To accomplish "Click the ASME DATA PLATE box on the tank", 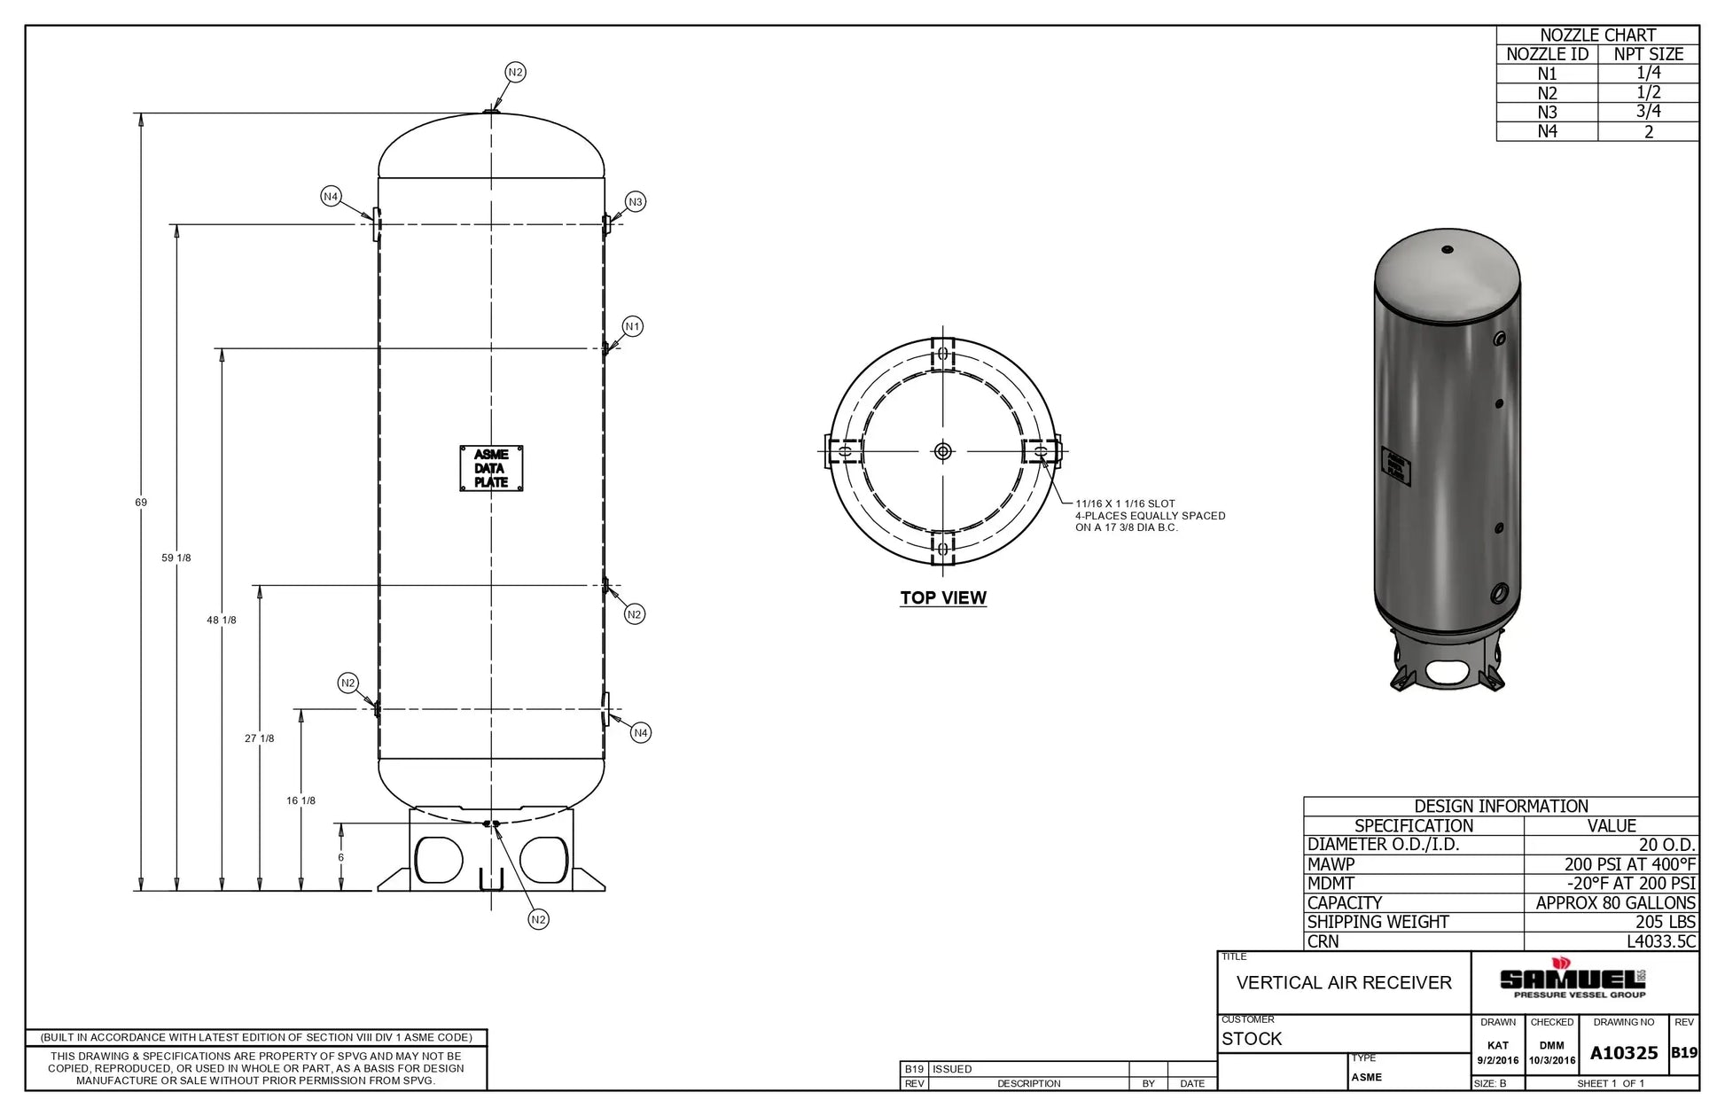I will (490, 468).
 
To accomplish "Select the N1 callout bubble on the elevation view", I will (632, 326).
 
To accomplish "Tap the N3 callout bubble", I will (635, 202).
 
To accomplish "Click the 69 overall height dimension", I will (141, 503).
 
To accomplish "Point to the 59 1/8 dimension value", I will (176, 558).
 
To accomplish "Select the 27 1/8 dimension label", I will (260, 738).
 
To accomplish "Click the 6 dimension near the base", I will (341, 857).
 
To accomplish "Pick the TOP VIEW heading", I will (942, 598).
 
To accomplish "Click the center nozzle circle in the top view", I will (942, 451).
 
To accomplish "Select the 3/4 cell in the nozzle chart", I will (1648, 112).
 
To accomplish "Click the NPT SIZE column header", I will (1648, 54).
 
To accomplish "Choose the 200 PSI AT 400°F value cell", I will (1628, 864).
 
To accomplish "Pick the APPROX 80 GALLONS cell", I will (1615, 903).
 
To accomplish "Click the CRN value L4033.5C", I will (1660, 941).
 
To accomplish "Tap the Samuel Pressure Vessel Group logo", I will (1572, 980).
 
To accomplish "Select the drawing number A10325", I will (1623, 1053).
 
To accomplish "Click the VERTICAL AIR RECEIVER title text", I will (1344, 983).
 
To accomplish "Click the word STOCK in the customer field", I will (1251, 1039).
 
